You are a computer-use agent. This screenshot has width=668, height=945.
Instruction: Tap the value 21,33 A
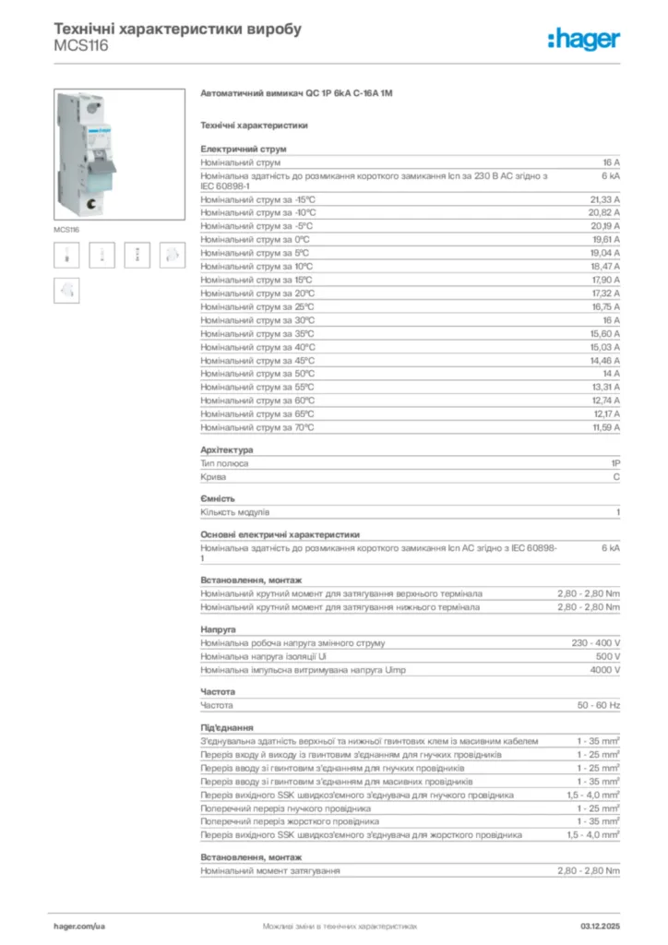pos(604,199)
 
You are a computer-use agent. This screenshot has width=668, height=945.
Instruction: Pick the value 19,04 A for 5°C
pos(604,253)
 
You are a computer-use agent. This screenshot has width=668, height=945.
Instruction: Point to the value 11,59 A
pos(605,428)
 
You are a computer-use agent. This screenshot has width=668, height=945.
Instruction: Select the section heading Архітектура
pos(226,450)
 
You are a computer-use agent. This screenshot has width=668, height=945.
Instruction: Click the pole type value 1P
pos(614,463)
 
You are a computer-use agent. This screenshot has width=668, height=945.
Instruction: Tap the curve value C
pos(616,477)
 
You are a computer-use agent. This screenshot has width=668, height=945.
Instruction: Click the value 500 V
pos(607,656)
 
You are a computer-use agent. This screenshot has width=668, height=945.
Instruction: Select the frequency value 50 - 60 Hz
pos(599,705)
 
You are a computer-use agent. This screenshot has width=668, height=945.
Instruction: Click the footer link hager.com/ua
pos(79,925)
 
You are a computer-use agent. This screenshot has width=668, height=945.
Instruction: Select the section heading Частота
pos(218,692)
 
